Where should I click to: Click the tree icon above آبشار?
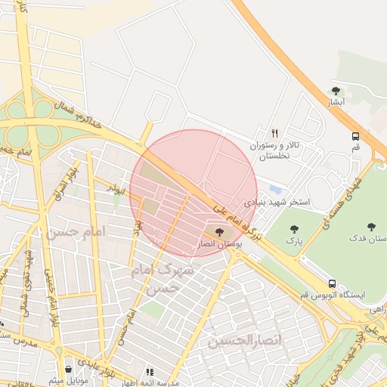coord(336,91)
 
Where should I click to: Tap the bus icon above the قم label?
coord(355,137)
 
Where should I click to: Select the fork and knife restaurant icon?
coord(274,133)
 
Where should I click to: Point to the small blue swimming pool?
coord(275,189)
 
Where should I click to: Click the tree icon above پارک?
coord(294,228)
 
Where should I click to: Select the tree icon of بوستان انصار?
coord(220,232)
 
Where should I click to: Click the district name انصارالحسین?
coord(244,342)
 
